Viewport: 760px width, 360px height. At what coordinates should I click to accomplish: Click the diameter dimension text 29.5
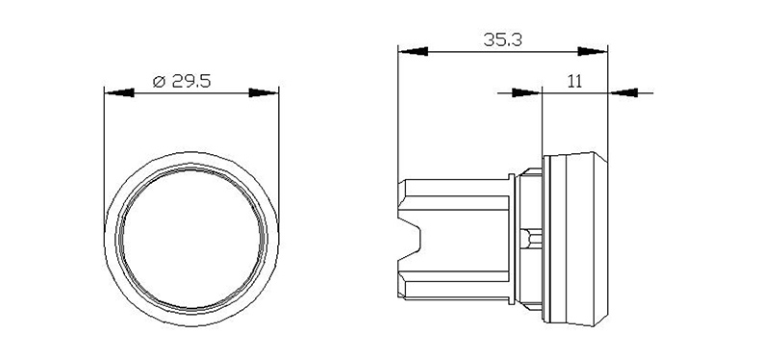click(x=191, y=81)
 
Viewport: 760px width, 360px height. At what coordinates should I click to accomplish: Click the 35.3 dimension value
click(x=502, y=39)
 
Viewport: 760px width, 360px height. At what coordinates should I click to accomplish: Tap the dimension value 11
click(x=574, y=81)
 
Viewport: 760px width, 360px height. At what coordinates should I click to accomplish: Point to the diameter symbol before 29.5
click(x=160, y=82)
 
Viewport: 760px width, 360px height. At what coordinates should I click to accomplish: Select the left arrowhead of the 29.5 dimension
click(x=119, y=92)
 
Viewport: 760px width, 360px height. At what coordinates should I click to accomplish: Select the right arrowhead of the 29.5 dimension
click(x=264, y=92)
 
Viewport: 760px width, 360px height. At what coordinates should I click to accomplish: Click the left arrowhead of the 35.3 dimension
click(x=413, y=51)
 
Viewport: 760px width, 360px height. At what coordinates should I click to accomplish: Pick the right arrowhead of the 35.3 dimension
click(x=593, y=51)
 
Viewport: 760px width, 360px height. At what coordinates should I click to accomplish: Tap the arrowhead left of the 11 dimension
click(x=526, y=92)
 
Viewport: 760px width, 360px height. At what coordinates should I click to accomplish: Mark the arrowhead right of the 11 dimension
click(x=623, y=92)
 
